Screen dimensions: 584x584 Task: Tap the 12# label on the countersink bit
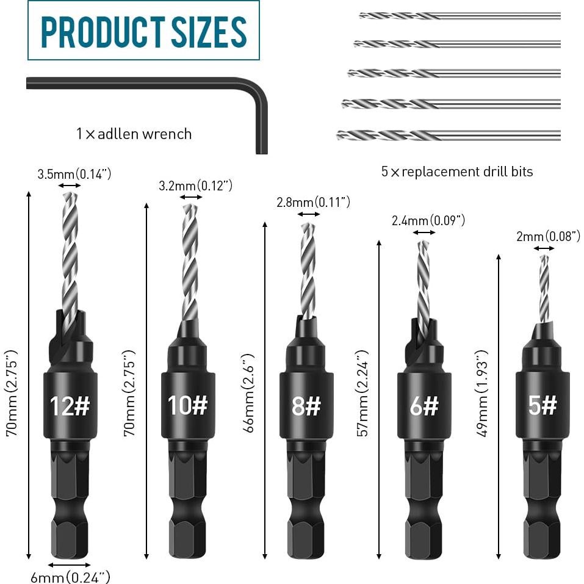coord(70,406)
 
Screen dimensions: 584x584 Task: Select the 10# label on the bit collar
coord(188,405)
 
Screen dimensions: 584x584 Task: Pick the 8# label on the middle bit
coord(306,406)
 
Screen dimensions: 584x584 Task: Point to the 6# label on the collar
coord(424,406)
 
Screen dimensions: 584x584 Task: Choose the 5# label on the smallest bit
coord(543,405)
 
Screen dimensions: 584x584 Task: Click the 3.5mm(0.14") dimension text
coord(74,174)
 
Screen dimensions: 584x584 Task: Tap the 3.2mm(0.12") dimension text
coord(195,186)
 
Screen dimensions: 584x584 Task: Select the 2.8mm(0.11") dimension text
coord(313,202)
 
